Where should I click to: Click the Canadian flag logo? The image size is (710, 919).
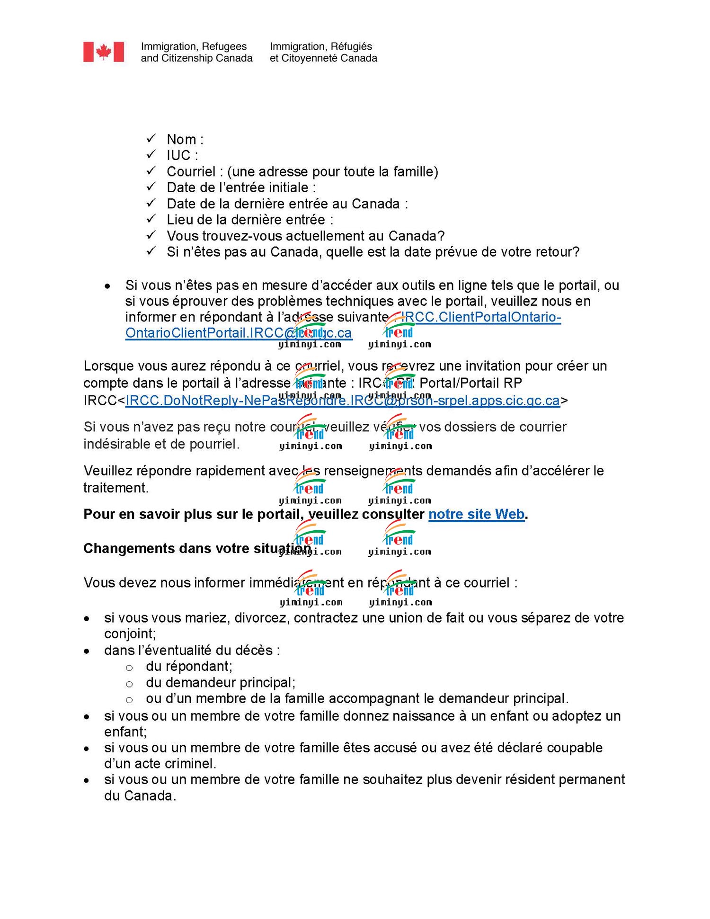pos(104,52)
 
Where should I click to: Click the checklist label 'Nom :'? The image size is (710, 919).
pos(185,139)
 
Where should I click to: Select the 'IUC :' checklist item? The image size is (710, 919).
pos(182,155)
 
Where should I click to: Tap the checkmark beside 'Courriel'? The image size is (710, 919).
pos(151,170)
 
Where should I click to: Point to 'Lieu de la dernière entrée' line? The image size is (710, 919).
pos(250,220)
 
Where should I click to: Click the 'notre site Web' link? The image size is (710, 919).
pos(476,514)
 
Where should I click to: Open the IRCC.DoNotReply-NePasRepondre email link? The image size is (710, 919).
pos(342,401)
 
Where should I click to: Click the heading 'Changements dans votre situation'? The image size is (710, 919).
pos(197,548)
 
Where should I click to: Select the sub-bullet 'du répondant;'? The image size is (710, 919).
pos(189,666)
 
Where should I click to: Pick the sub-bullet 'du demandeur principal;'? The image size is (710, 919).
pos(220,682)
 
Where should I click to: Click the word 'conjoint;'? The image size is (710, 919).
pos(130,633)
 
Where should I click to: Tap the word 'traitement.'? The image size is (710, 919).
pos(116,488)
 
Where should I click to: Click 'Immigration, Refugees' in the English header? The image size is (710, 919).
pos(194,46)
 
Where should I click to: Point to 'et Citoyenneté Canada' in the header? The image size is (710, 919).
pos(323,58)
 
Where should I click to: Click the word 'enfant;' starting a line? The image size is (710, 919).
pos(125,732)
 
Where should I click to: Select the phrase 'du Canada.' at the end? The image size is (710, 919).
pos(140,795)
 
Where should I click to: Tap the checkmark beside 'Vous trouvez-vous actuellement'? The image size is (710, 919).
pos(151,235)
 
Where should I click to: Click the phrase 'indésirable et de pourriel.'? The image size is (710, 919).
pos(161,444)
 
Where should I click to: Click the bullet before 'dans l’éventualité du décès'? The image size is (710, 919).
pos(87,651)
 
